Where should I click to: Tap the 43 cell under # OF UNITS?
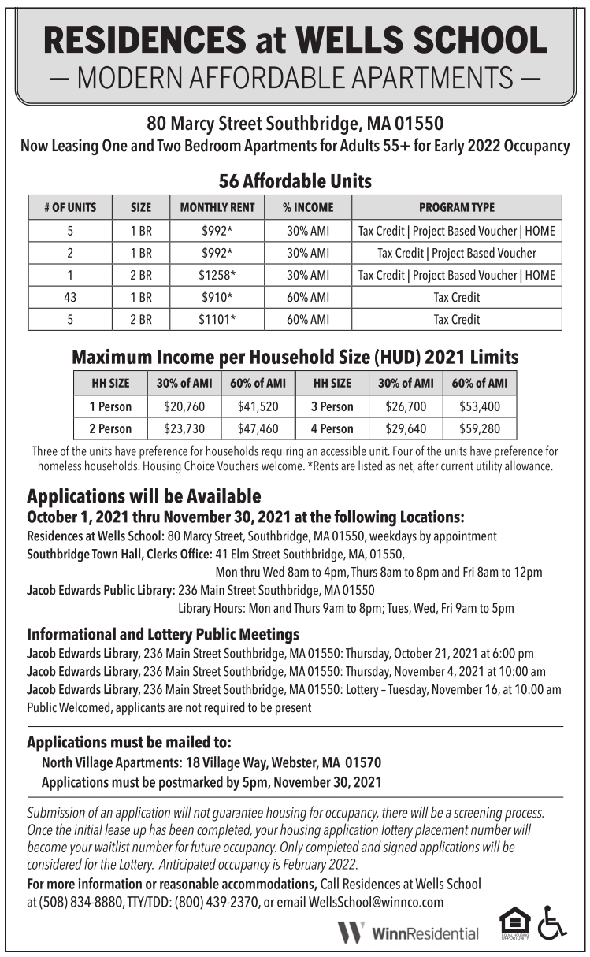70,298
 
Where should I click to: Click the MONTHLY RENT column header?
217,208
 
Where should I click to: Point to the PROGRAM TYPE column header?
457,208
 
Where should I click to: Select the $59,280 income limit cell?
479,429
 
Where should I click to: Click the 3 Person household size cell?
332,407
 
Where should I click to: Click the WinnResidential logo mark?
351,933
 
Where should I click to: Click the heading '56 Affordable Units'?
295,181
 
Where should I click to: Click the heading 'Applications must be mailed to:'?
129,743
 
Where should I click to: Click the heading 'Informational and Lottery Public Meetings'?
163,634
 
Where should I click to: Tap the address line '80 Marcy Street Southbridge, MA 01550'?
295,124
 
